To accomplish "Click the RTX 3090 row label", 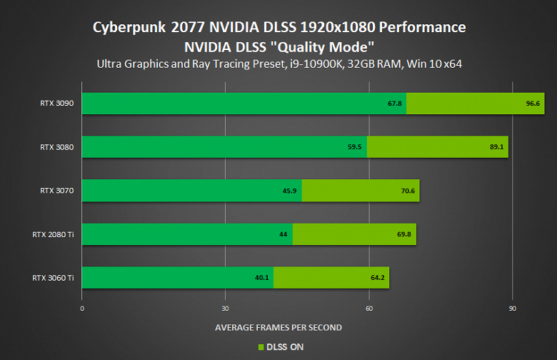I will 57,104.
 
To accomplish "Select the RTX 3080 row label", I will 57,147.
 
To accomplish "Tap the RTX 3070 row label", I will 57,191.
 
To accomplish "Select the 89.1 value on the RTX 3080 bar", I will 498,147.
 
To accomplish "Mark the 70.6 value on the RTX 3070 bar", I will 408,191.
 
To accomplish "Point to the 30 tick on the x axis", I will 225,309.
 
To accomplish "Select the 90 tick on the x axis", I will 512,309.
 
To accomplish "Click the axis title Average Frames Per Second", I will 278,327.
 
